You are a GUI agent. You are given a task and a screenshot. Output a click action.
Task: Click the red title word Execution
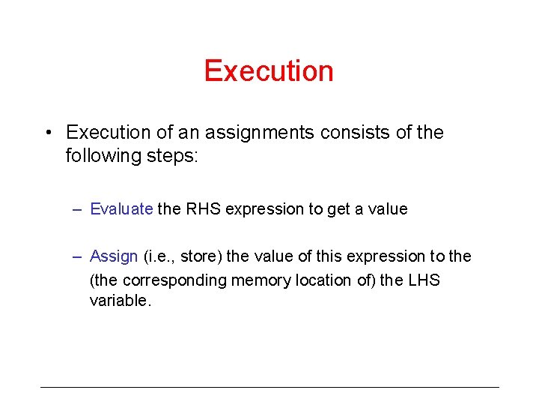269,71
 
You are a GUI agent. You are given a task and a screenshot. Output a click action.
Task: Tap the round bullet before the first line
47,133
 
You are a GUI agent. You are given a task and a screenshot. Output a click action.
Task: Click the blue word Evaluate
121,209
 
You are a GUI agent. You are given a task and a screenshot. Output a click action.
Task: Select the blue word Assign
114,256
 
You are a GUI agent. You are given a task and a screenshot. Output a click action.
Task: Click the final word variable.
120,301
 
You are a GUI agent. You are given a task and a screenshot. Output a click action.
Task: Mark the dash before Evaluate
77,210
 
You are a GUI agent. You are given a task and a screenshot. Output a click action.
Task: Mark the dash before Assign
77,257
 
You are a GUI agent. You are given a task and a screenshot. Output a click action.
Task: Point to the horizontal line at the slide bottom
269,387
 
